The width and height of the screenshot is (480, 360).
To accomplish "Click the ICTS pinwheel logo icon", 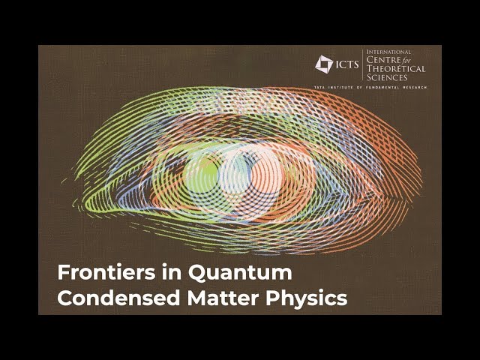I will [x=324, y=64].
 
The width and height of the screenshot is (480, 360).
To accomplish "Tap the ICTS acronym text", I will [x=346, y=64].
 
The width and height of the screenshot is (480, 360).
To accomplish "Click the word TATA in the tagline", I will [x=319, y=88].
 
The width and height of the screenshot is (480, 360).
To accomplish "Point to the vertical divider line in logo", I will [x=363, y=64].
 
